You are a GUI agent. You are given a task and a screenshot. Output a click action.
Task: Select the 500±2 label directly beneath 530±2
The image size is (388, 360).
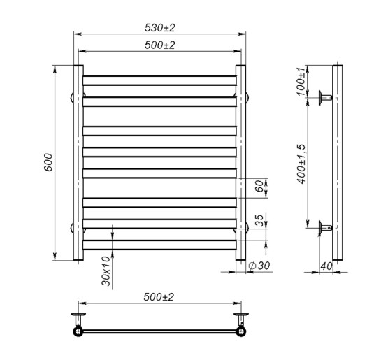pyautogui.click(x=160, y=45)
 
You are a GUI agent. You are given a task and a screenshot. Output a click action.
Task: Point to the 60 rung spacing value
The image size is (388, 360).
pyautogui.click(x=259, y=187)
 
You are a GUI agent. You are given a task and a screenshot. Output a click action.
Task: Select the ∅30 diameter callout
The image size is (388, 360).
pyautogui.click(x=260, y=266)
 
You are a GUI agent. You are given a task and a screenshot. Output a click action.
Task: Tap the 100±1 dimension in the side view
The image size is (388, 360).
pyautogui.click(x=301, y=82)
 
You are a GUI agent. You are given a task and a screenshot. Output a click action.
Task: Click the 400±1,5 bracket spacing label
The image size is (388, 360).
pyautogui.click(x=301, y=162)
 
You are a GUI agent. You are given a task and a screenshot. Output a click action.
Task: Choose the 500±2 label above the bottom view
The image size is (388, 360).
pyautogui.click(x=160, y=297)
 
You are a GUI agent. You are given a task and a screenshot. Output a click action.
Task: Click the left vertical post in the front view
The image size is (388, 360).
pyautogui.click(x=78, y=164)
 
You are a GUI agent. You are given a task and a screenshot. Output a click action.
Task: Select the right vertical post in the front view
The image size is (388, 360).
pyautogui.click(x=240, y=164)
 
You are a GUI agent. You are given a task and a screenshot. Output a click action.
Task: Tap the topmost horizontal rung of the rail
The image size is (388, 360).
pyautogui.click(x=159, y=75)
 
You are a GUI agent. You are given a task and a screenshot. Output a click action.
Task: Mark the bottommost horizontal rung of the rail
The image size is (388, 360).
pyautogui.click(x=159, y=250)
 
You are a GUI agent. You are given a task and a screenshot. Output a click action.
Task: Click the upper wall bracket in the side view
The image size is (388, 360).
pyautogui.click(x=326, y=97)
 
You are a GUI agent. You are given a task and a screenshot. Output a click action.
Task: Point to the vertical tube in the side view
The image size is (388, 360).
pyautogui.click(x=338, y=164)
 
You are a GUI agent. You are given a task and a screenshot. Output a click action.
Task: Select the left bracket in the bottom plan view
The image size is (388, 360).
pyautogui.click(x=78, y=324)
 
